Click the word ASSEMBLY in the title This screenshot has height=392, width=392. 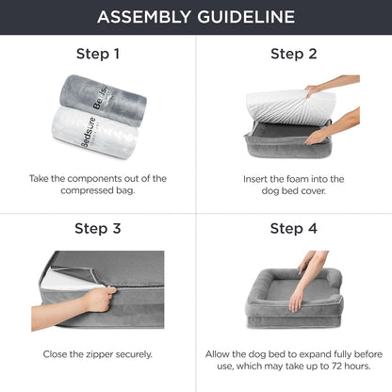(x=141, y=17)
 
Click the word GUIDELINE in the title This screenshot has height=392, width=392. (x=248, y=17)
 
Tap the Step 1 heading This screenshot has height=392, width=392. (x=97, y=54)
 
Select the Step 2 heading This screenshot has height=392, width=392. (x=293, y=54)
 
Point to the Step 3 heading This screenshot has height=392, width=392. (x=97, y=228)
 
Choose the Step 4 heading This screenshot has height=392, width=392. (x=293, y=228)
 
